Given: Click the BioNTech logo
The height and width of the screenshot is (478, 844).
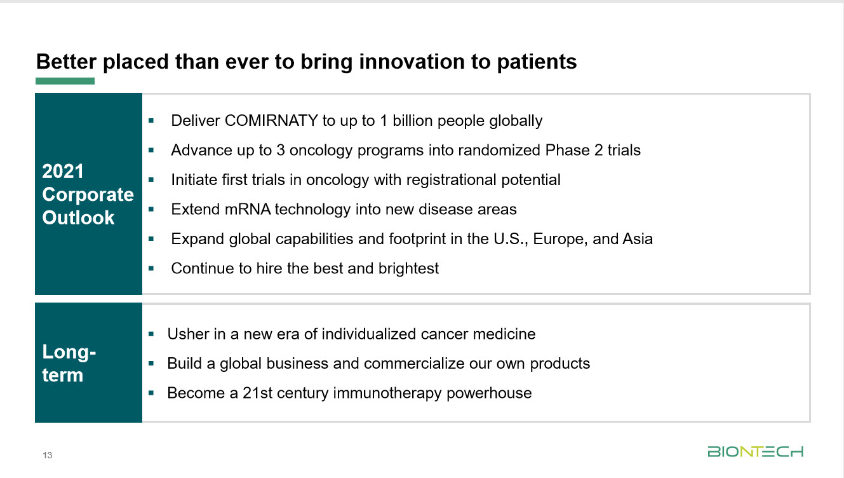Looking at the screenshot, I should coord(755,452).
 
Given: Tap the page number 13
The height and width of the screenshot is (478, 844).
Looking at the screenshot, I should coord(47,455).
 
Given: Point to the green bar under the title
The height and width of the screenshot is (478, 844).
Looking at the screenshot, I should coord(65,81).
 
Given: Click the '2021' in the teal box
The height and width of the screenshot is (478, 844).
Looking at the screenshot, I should coord(63,172).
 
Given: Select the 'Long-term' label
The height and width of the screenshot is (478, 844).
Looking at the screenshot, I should coord(69,363).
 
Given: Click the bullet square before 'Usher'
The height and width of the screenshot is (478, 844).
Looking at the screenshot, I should coord(151,334).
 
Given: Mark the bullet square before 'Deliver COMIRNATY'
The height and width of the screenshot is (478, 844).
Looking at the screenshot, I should coord(151,121).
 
